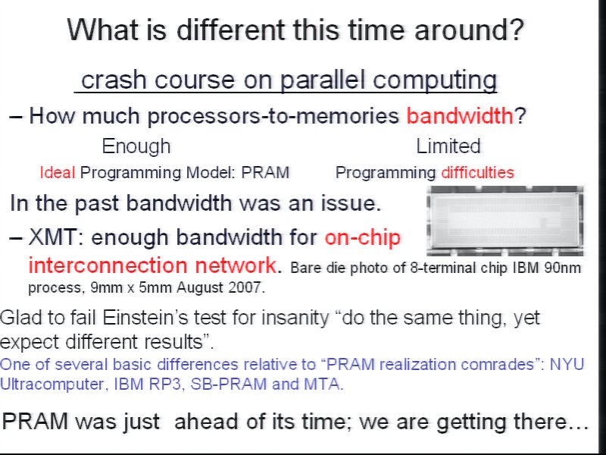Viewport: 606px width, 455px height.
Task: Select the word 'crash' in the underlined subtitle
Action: pyautogui.click(x=113, y=80)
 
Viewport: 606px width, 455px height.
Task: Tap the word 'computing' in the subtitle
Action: pyautogui.click(x=435, y=80)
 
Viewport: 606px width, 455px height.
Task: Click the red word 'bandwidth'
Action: pyautogui.click(x=460, y=115)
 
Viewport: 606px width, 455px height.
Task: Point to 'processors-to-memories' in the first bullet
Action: pyautogui.click(x=273, y=116)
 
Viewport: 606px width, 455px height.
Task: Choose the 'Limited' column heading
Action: pyautogui.click(x=448, y=146)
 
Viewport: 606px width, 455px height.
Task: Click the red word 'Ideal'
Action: pyautogui.click(x=58, y=172)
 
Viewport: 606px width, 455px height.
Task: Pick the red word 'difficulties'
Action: pyautogui.click(x=478, y=172)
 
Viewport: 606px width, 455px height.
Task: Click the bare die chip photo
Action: pyautogui.click(x=504, y=221)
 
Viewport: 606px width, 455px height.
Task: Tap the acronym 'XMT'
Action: pyautogui.click(x=52, y=237)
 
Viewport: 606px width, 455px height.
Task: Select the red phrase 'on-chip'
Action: pyautogui.click(x=363, y=237)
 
